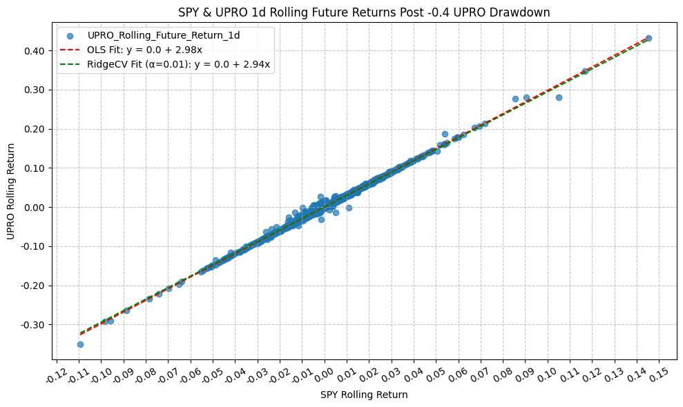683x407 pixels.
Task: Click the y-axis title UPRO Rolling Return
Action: point(10,191)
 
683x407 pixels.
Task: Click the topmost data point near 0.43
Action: point(648,38)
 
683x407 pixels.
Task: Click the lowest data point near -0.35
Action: point(80,344)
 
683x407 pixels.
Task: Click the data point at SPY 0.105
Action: point(559,97)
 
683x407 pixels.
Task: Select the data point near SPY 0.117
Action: point(584,71)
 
